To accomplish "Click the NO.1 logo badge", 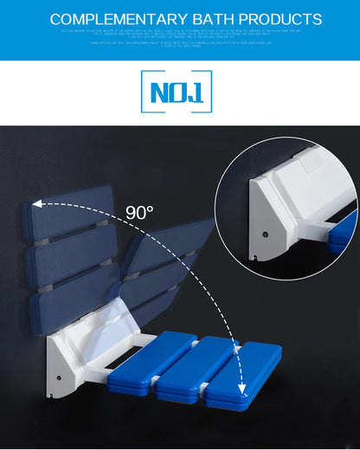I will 176,92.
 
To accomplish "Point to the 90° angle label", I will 139,212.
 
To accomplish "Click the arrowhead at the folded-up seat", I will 36,205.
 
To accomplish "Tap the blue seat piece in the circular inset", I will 344,232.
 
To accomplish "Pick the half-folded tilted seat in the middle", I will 164,264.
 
